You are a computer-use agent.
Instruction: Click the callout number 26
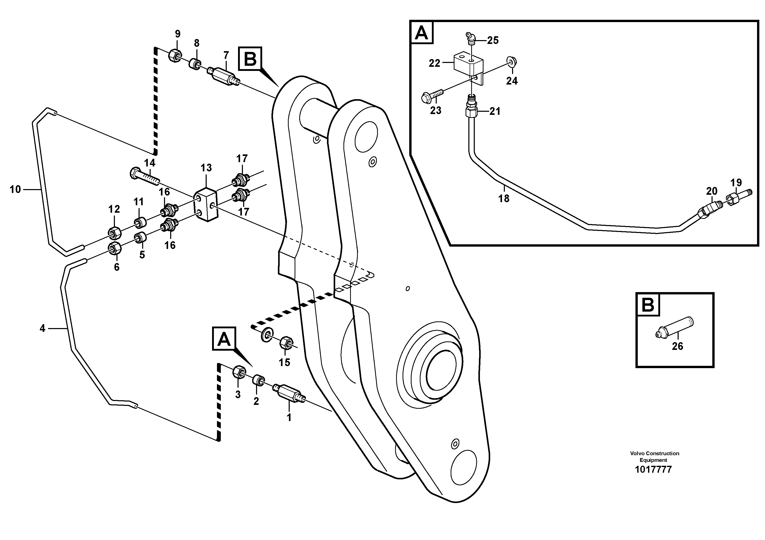[x=677, y=346]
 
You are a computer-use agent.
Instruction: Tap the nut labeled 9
[x=175, y=55]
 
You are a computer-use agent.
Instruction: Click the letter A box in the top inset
[x=422, y=33]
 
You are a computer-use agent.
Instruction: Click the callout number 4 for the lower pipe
[x=42, y=329]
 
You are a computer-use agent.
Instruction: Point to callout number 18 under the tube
[x=504, y=198]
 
